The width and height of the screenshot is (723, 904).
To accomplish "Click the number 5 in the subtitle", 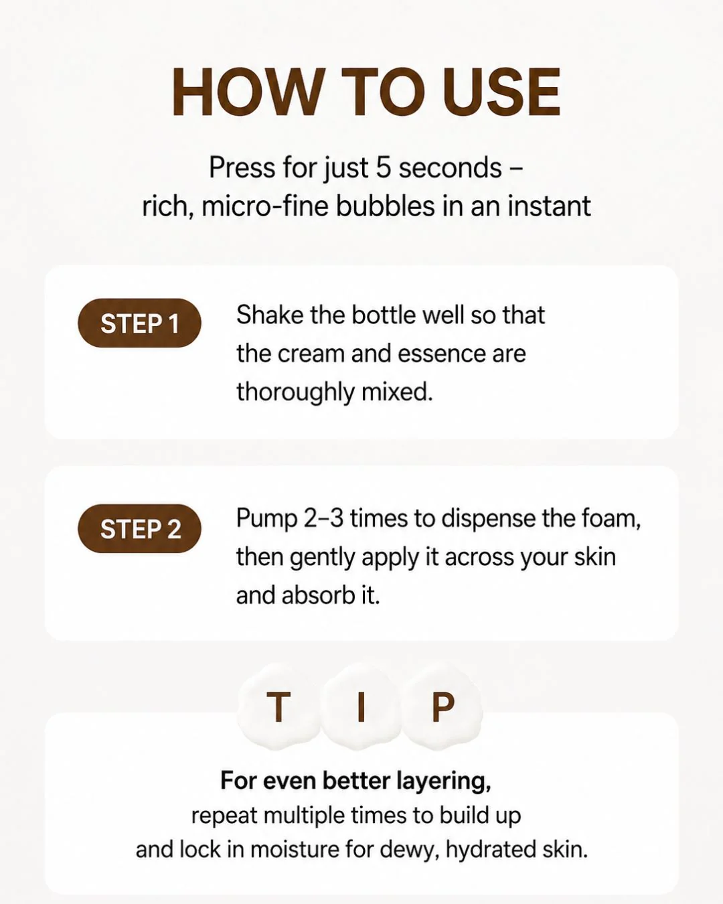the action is [383, 167].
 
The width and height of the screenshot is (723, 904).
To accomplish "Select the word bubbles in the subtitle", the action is [385, 206].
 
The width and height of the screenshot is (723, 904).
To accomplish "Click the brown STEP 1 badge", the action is [139, 323].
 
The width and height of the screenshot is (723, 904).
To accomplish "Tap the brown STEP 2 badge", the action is [139, 528].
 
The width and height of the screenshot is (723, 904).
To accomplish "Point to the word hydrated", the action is [490, 850].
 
